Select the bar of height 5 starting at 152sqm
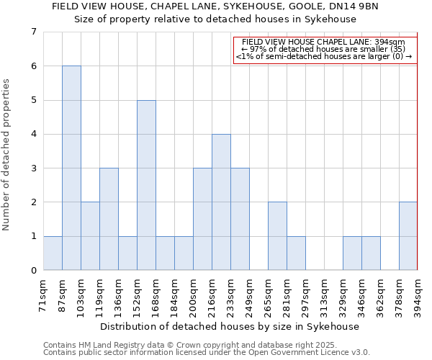(x=146, y=185)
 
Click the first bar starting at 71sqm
(x=53, y=253)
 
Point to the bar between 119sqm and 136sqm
(x=109, y=219)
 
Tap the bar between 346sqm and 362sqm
(x=371, y=253)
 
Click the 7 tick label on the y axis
(x=33, y=32)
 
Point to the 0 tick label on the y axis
(x=33, y=270)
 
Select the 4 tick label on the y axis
(x=33, y=134)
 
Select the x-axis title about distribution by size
(x=230, y=326)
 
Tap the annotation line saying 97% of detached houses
(x=325, y=49)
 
